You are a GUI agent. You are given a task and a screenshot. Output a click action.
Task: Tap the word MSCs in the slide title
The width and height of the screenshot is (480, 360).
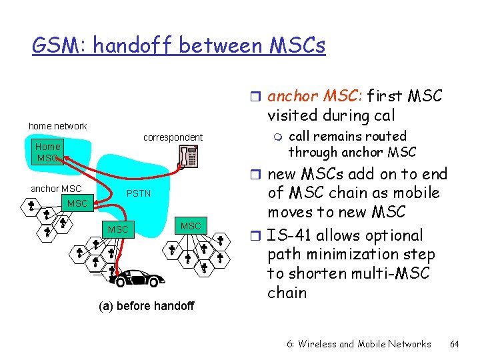(297, 46)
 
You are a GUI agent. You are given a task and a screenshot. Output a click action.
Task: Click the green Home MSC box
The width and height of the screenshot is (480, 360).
(48, 153)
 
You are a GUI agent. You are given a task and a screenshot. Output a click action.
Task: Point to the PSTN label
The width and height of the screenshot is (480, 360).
(139, 194)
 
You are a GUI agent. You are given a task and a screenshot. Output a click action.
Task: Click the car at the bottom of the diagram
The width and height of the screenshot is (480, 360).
(139, 278)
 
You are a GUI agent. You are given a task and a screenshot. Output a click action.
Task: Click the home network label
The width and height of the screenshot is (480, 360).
(57, 126)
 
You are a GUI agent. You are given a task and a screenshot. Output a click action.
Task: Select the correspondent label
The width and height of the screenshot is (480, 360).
(173, 138)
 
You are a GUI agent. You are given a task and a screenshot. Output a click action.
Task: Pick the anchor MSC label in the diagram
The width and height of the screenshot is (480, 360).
(56, 189)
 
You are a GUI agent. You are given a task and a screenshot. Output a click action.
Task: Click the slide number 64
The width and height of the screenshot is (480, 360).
(455, 344)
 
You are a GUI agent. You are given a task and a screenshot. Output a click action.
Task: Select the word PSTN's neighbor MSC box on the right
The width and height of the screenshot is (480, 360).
(191, 226)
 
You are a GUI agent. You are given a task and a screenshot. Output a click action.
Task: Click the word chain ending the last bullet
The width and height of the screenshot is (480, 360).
(287, 293)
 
